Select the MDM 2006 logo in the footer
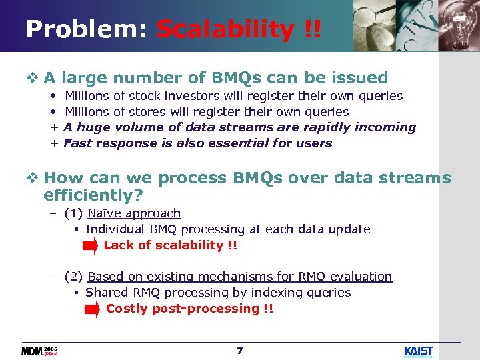(x=40, y=351)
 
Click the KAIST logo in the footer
(x=419, y=351)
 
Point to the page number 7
(x=240, y=350)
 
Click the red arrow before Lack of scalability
(x=90, y=246)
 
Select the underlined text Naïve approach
(x=134, y=213)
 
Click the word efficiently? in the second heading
(x=93, y=195)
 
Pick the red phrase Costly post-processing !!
(x=189, y=309)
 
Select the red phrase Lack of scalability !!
(x=170, y=245)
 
